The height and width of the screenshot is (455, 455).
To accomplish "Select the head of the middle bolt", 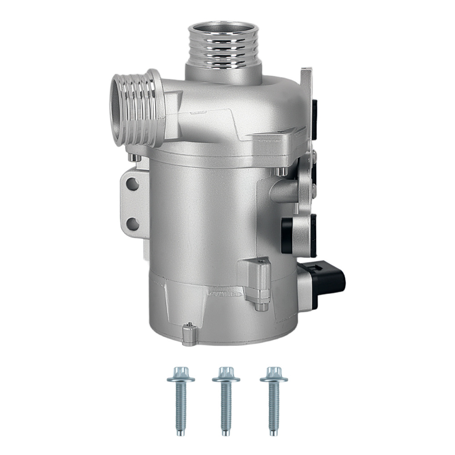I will (224, 374).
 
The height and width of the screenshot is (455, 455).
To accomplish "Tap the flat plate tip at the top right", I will (307, 73).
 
